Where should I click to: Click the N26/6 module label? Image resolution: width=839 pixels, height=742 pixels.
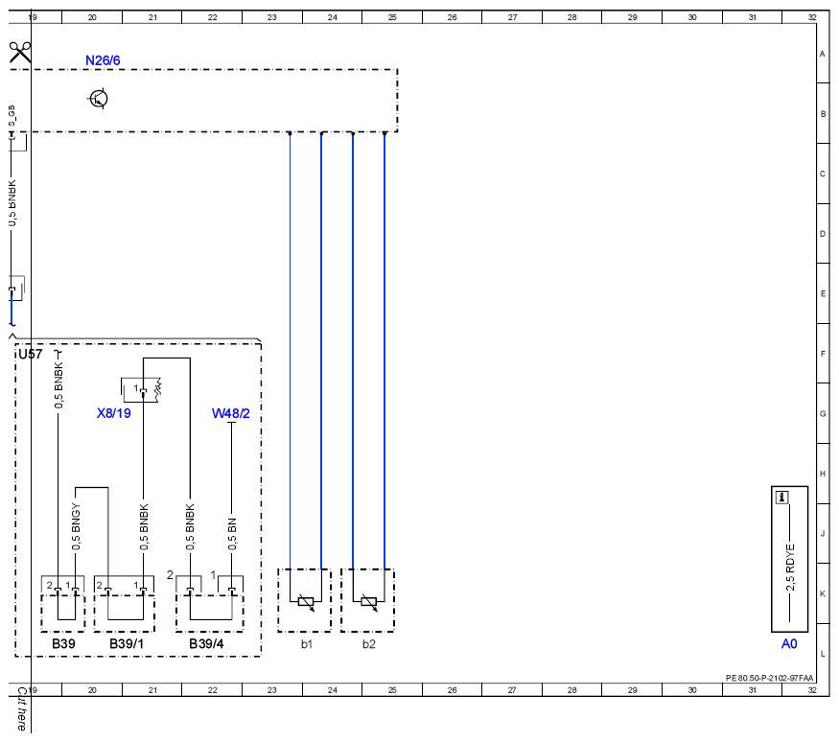[103, 60]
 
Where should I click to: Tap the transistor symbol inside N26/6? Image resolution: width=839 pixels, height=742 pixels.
[98, 99]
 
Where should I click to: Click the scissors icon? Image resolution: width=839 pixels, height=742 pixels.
[20, 53]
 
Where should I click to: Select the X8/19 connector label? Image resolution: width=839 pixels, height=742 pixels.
[113, 413]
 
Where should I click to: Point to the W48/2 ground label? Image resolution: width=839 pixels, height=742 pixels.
[231, 413]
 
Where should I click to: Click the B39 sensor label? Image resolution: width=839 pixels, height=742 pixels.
[63, 643]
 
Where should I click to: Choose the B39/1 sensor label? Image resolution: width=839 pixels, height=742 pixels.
[127, 643]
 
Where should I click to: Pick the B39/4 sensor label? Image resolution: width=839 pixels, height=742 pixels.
[206, 643]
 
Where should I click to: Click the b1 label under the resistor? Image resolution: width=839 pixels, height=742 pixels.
[306, 644]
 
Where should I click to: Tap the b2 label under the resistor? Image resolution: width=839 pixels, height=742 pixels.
[368, 644]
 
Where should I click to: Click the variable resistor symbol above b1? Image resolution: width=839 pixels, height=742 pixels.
[306, 602]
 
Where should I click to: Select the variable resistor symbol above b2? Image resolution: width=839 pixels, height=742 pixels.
[368, 602]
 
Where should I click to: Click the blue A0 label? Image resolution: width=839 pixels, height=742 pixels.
[789, 643]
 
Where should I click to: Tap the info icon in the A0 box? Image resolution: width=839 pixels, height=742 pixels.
[781, 498]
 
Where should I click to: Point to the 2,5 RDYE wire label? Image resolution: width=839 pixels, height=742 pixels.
[790, 568]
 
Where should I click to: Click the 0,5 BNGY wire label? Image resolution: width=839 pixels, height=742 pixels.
[76, 526]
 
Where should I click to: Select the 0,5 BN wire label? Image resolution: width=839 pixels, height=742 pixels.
[232, 534]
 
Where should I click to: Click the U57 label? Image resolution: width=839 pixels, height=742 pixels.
[30, 354]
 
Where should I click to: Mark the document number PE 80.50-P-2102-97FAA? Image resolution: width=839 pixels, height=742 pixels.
[769, 678]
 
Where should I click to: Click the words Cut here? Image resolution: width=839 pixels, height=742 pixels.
[21, 708]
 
